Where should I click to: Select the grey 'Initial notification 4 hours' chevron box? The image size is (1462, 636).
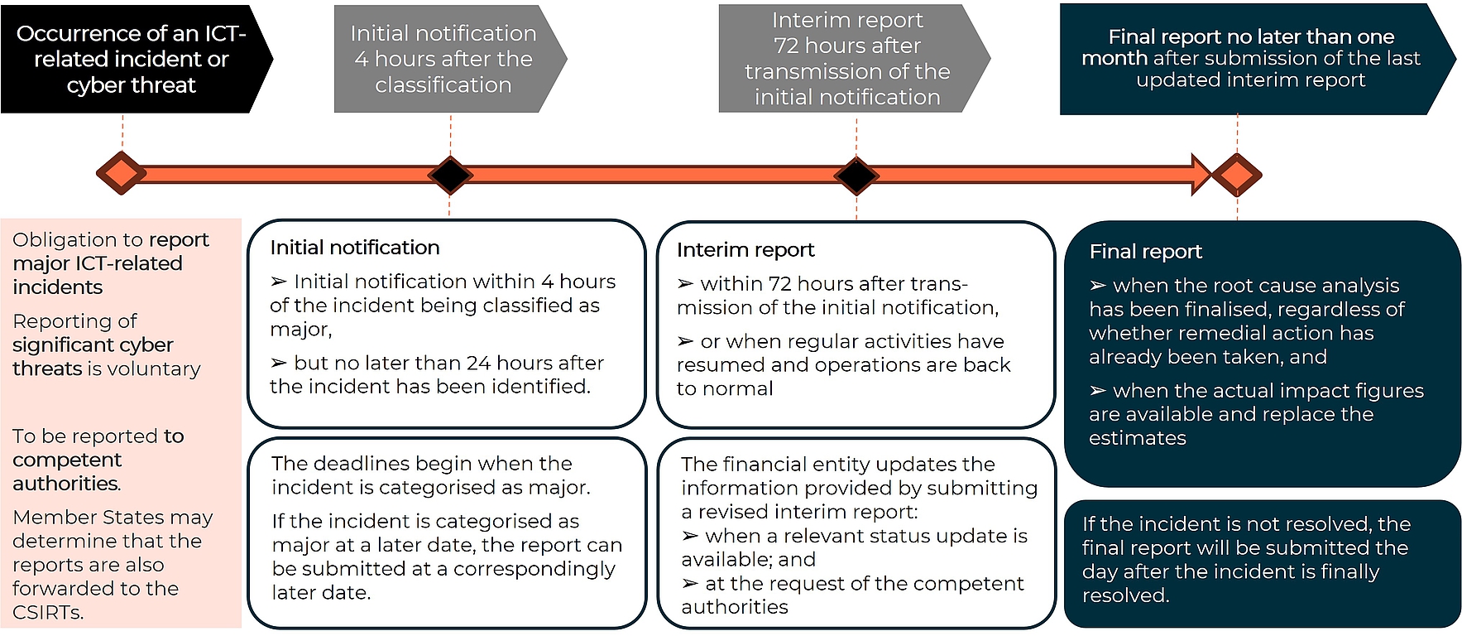(443, 59)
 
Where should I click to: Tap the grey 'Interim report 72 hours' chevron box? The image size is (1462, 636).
(847, 59)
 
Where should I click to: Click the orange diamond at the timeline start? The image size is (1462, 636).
(121, 173)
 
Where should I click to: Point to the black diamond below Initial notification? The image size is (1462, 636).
(450, 175)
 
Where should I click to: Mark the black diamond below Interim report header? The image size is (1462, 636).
(856, 175)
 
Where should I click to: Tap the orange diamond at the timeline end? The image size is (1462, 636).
(1237, 175)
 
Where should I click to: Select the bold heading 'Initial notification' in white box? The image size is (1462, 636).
(354, 248)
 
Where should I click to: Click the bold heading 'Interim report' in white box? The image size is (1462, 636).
(745, 250)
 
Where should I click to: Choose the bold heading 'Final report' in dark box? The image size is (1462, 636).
(1145, 252)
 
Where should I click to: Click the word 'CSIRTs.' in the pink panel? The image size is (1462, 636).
(48, 613)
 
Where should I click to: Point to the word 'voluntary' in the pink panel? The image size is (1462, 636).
(156, 369)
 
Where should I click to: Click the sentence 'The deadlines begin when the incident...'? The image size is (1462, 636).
(430, 475)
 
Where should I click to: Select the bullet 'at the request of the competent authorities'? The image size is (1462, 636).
(852, 595)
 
